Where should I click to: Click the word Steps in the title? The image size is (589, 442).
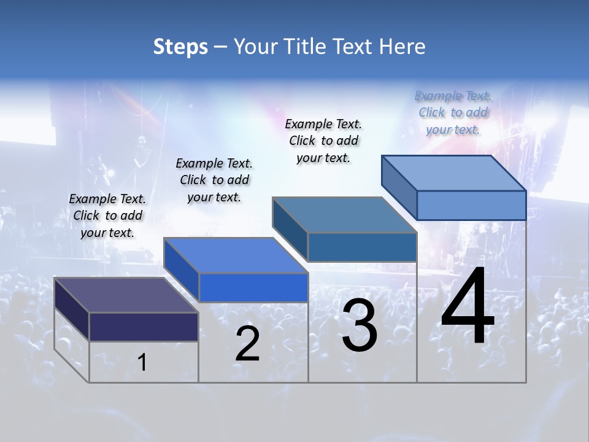click(180, 47)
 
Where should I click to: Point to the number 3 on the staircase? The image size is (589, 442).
click(360, 325)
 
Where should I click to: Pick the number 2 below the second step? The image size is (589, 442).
click(247, 344)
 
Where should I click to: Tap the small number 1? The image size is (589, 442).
click(142, 363)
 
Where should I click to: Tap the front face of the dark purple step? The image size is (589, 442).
click(144, 327)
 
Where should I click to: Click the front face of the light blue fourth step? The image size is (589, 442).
click(471, 205)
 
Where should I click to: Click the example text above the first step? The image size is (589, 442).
click(107, 215)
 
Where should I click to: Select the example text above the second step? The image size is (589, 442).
click(214, 180)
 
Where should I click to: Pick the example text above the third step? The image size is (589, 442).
click(323, 141)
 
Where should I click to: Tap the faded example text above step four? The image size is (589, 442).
click(453, 112)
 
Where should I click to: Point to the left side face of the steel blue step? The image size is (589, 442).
click(290, 228)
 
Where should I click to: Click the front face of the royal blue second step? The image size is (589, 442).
click(253, 287)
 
